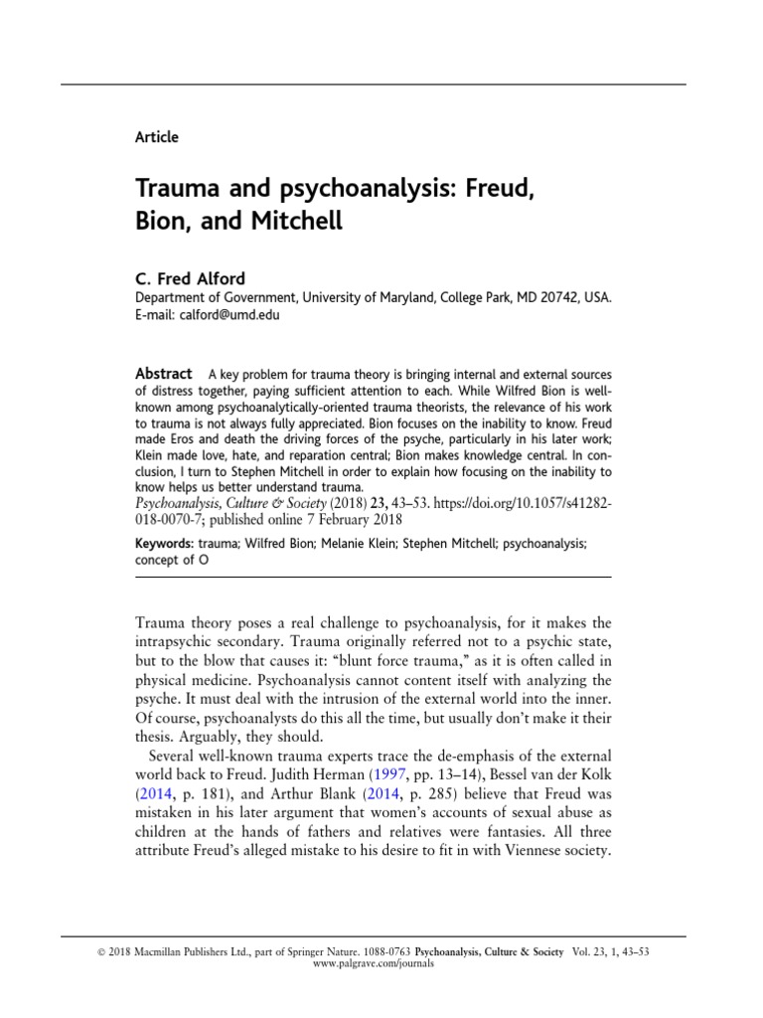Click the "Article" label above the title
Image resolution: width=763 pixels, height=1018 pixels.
click(156, 137)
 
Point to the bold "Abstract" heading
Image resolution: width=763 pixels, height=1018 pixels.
click(163, 373)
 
